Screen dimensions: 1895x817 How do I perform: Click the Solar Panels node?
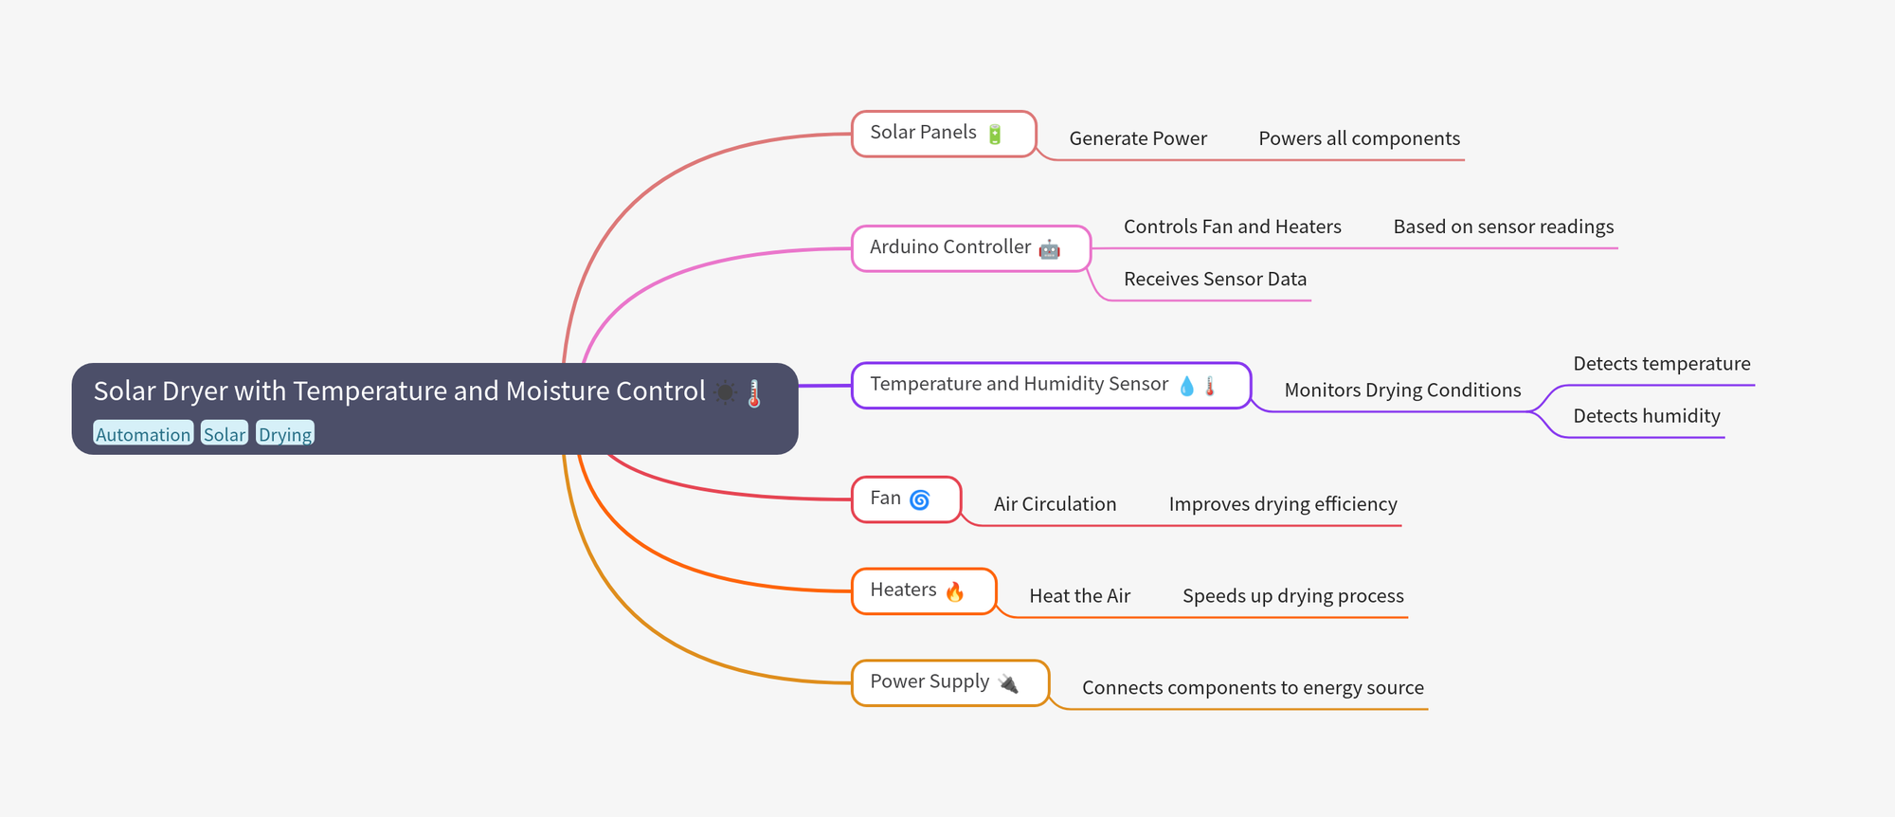pos(944,134)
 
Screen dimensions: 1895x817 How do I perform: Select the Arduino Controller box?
pos(971,248)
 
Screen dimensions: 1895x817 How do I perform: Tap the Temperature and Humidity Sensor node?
pos(1051,386)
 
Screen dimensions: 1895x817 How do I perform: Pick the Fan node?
pos(907,499)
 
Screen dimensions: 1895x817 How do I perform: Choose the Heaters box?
pos(924,591)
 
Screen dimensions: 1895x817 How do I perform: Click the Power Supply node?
pos(950,683)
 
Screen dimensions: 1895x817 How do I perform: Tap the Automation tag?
pos(143,434)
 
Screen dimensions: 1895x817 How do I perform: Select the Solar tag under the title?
pos(225,434)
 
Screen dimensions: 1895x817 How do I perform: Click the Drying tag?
pos(285,434)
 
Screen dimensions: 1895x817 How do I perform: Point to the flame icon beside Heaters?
pos(955,591)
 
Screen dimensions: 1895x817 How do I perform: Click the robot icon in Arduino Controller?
pos(1050,249)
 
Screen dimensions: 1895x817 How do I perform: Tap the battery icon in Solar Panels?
pos(995,134)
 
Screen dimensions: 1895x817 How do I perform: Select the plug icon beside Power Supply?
pos(1008,683)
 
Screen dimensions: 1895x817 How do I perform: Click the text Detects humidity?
pos(1647,416)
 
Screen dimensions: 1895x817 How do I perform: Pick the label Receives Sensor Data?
pos(1215,279)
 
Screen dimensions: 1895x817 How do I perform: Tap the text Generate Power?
pos(1138,138)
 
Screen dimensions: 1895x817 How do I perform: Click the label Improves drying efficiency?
pos(1283,504)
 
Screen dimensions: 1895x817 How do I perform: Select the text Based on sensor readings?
pos(1504,227)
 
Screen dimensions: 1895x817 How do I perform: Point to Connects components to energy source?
pos(1253,688)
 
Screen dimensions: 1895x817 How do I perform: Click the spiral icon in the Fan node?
pos(920,499)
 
